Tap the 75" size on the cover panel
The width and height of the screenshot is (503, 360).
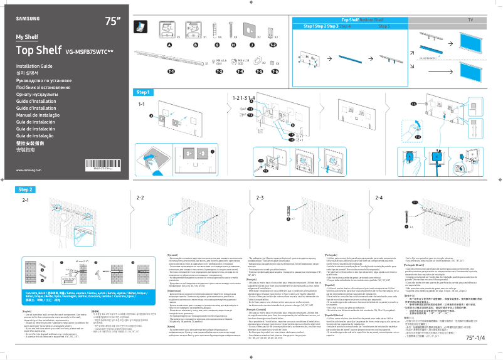coord(113,21)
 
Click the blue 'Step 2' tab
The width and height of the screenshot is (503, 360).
coord(26,189)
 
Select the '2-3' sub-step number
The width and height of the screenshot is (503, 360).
coord(260,198)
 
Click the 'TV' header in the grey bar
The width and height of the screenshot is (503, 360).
coord(470,21)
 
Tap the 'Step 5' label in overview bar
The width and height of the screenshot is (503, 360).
coord(384,27)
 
